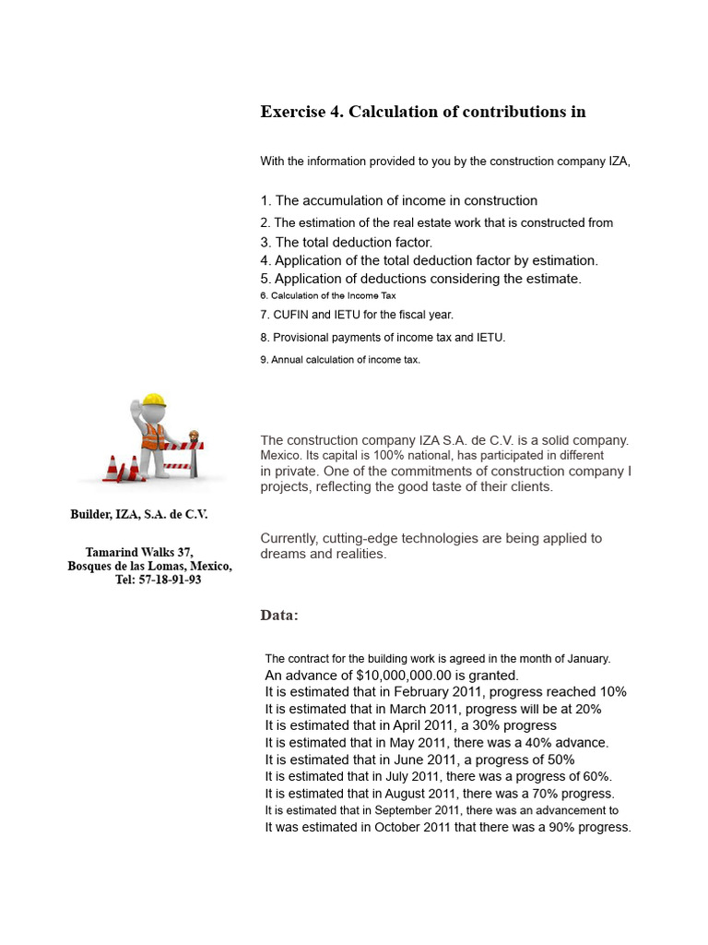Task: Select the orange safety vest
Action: tap(152, 436)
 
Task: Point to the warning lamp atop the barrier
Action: tap(194, 435)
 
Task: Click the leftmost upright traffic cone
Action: tap(112, 469)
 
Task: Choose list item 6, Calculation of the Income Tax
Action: tap(328, 296)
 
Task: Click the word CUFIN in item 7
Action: tap(293, 315)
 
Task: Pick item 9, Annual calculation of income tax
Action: tap(340, 360)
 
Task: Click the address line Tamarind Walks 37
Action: tap(139, 552)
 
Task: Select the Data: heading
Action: tap(279, 616)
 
